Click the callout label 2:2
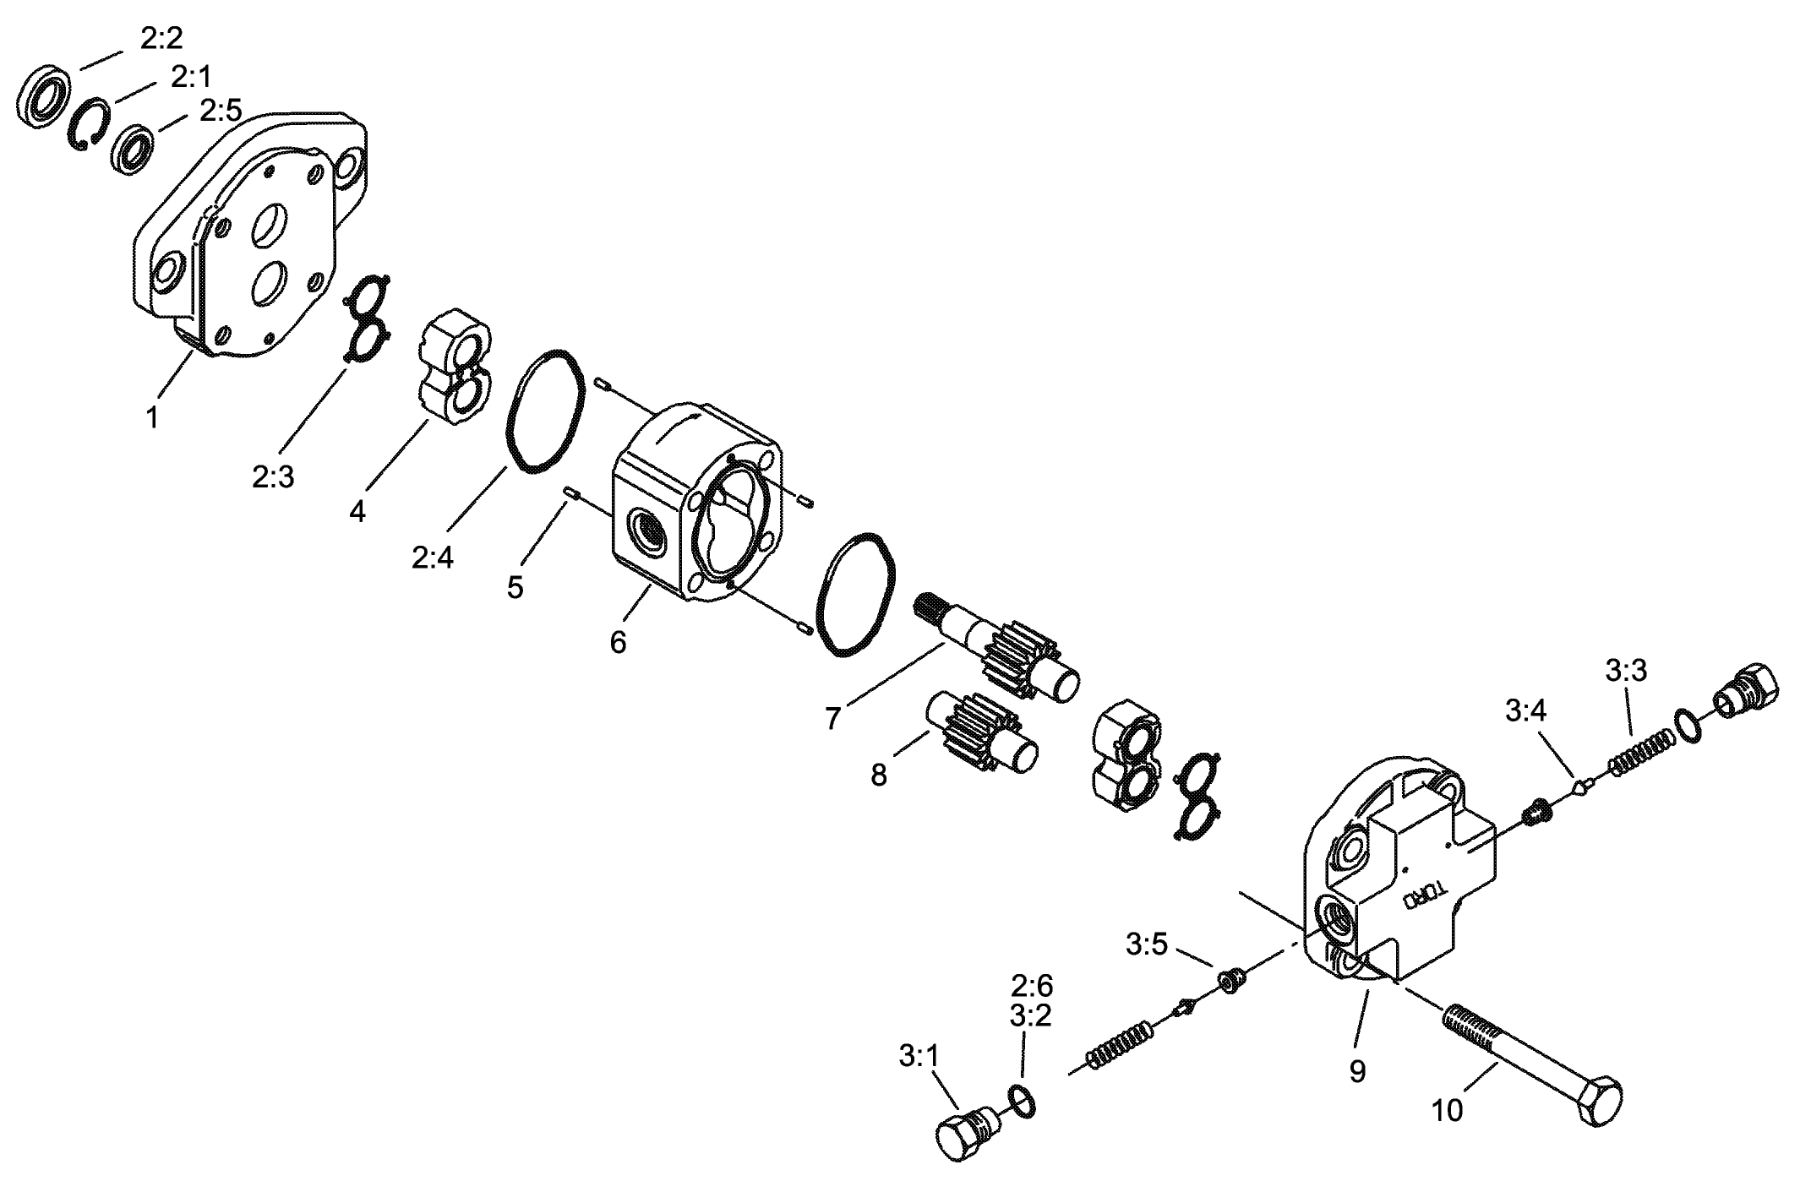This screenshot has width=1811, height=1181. tap(161, 38)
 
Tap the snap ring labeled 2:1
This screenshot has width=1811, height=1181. tap(89, 125)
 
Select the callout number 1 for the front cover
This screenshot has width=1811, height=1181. tap(152, 417)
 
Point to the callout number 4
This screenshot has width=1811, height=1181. tap(357, 511)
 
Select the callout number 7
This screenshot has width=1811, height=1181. tap(833, 718)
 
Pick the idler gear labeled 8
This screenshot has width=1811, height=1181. tap(983, 732)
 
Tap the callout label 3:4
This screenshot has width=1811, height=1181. tap(1525, 711)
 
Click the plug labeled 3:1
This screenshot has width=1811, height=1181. tap(968, 1132)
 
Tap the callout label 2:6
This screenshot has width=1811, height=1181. tap(1031, 986)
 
